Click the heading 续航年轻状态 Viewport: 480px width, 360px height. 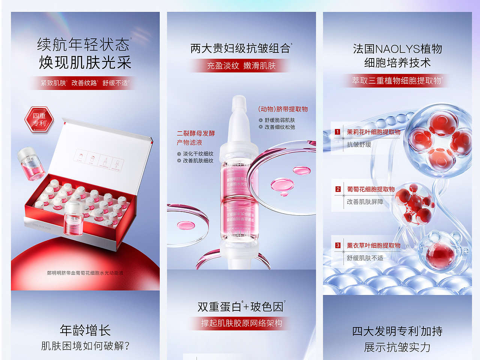click(83, 45)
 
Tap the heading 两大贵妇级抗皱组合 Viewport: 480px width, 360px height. click(240, 48)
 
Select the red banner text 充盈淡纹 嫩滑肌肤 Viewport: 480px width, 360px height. click(241, 66)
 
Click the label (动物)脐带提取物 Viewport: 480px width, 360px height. click(283, 109)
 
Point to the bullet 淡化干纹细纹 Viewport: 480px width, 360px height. click(198, 154)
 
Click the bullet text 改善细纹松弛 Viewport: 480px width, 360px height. click(279, 127)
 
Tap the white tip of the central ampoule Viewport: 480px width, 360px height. click(239, 103)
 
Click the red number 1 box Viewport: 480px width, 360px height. click(337, 132)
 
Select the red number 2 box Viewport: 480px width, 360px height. click(338, 189)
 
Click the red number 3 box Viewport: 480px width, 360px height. click(338, 245)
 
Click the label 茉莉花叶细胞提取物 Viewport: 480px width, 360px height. click(373, 132)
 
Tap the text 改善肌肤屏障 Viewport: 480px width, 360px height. click(365, 202)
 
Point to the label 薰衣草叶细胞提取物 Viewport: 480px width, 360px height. click(373, 245)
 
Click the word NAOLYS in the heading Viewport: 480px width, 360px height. click(397, 49)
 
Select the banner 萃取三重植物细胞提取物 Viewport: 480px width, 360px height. click(396, 81)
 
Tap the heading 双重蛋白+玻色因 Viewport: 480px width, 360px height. click(240, 307)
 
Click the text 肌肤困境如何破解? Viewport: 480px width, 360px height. click(85, 346)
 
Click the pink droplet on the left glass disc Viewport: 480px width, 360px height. click(186, 225)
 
